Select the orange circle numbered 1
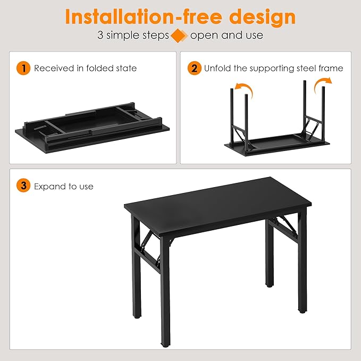(23, 68)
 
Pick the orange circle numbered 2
(195, 68)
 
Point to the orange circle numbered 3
(23, 186)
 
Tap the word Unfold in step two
(218, 68)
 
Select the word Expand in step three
(48, 187)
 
